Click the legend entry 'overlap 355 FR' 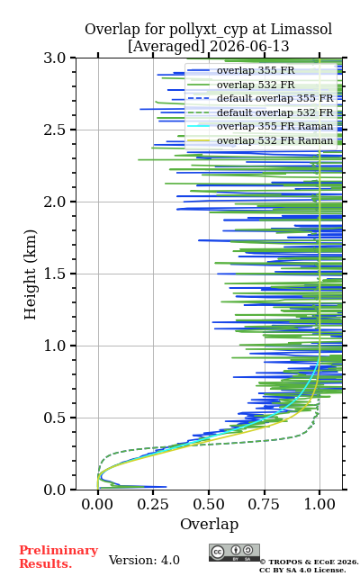[256, 70]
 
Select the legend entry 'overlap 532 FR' [256, 85]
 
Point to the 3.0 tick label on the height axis [55, 58]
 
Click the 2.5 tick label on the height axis [55, 130]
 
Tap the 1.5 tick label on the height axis [55, 274]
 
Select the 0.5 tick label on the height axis [55, 418]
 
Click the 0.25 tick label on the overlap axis [153, 504]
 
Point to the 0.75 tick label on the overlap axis [264, 504]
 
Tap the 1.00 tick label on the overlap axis [319, 504]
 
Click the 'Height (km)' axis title [30, 274]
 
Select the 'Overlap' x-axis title [210, 524]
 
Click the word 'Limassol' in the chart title [301, 30]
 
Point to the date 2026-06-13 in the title [249, 47]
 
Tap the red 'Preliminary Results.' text [58, 557]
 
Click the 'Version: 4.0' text [144, 561]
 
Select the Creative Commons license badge [234, 553]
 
